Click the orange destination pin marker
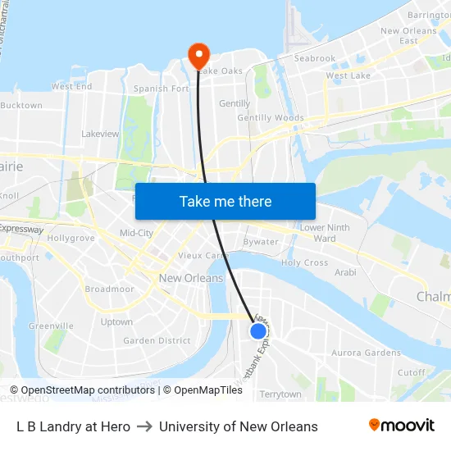click(x=198, y=56)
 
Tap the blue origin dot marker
click(x=258, y=330)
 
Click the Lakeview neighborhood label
click(x=100, y=134)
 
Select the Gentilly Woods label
click(x=271, y=118)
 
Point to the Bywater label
click(x=261, y=242)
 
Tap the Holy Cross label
click(x=304, y=263)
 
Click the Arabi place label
click(x=346, y=271)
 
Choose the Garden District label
click(x=157, y=341)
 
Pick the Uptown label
click(x=116, y=322)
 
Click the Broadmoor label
click(x=109, y=289)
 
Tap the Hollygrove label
click(x=71, y=238)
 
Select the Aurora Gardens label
click(x=366, y=353)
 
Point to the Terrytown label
click(x=280, y=394)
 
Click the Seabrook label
click(x=315, y=59)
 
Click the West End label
click(x=71, y=86)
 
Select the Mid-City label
click(x=136, y=233)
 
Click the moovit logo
click(x=402, y=426)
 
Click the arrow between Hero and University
click(x=144, y=426)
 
